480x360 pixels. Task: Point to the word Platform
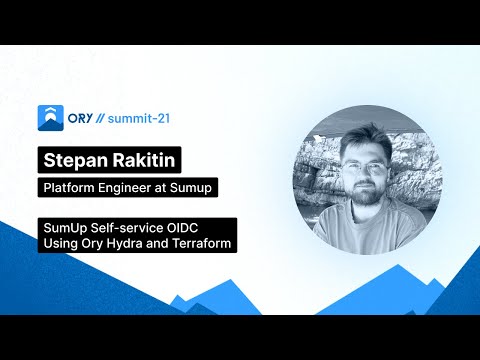tap(68, 187)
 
